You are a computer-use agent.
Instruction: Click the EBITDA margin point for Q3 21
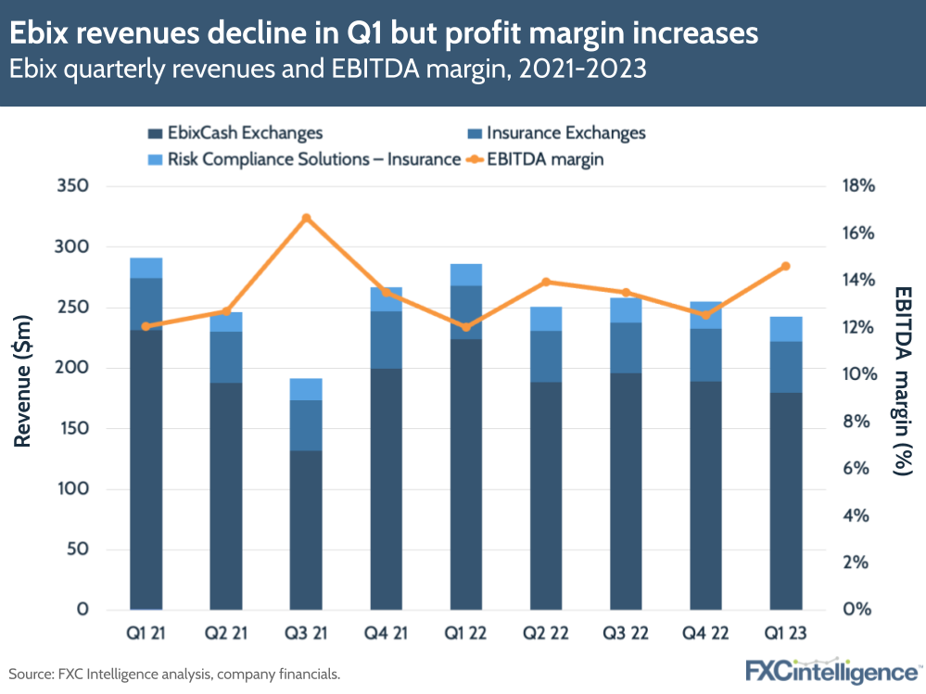click(x=306, y=219)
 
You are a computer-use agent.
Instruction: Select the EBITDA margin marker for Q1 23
click(x=786, y=266)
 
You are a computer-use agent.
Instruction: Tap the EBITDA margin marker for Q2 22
click(x=546, y=282)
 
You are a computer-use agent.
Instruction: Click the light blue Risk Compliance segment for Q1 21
click(x=146, y=268)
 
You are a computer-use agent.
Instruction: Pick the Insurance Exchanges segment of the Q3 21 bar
click(x=306, y=425)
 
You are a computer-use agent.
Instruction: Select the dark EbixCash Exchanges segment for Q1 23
click(x=786, y=500)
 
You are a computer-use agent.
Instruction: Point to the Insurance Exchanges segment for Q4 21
click(x=387, y=339)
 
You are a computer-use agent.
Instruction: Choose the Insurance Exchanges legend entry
click(x=555, y=133)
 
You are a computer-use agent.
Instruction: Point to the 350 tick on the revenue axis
click(x=71, y=186)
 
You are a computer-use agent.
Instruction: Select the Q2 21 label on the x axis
click(x=226, y=634)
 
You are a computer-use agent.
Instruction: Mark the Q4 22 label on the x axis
click(x=705, y=634)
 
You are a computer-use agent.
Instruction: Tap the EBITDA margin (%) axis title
click(x=902, y=381)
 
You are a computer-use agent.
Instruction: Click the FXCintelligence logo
click(x=831, y=671)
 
